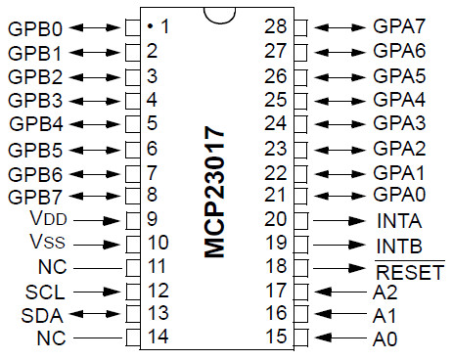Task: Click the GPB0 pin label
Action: coord(35,28)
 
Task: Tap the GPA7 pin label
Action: coord(399,26)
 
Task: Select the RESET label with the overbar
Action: coord(410,271)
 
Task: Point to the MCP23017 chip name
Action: coord(214,192)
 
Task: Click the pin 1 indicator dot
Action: coord(150,25)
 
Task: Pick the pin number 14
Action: coord(159,337)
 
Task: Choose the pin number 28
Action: coord(276,26)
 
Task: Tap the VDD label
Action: coord(48,218)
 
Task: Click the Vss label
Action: coord(47,242)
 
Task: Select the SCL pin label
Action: coord(45,292)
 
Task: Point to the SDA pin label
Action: coord(42,316)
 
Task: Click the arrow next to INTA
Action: coord(339,221)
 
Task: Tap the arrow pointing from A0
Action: coord(340,337)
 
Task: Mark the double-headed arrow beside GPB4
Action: coord(95,124)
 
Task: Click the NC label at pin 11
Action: coord(52,267)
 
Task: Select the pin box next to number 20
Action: coord(300,221)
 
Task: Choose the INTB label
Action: coord(399,247)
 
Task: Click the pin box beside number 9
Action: coord(133,221)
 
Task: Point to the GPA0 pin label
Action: coord(399,195)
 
